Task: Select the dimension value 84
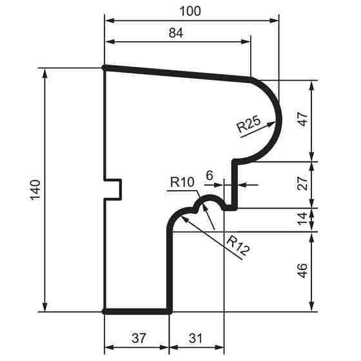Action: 175,34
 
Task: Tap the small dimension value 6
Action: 209,175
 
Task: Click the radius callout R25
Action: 248,124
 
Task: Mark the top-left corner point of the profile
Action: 104,67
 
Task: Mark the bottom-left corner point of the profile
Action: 104,311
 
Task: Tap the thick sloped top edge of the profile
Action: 177,73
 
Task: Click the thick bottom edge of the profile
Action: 137,311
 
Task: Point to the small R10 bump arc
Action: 209,198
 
